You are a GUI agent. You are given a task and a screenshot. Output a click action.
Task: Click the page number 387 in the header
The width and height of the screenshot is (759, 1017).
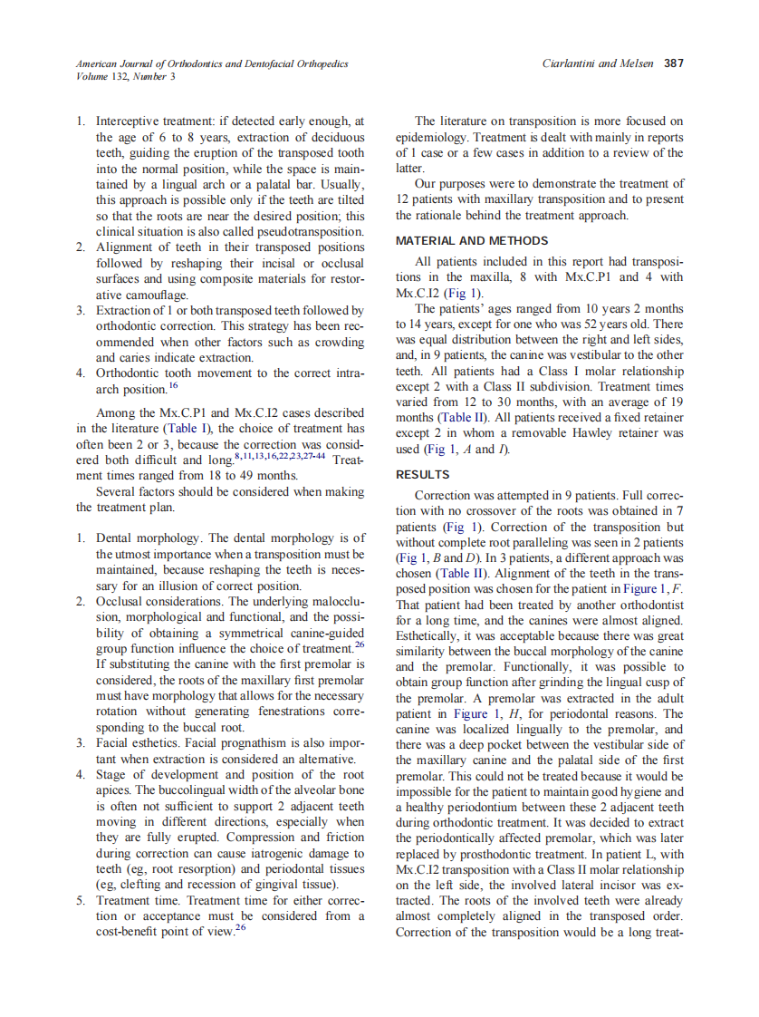click(x=673, y=63)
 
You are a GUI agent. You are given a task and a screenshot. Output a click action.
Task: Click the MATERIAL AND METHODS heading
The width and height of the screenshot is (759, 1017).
click(x=472, y=241)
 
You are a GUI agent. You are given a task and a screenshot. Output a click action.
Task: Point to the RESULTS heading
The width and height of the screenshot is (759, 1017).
click(x=423, y=475)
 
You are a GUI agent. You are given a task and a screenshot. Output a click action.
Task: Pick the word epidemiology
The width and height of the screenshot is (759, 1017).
click(x=435, y=137)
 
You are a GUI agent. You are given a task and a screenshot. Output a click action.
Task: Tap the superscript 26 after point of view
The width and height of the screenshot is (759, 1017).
click(x=241, y=929)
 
